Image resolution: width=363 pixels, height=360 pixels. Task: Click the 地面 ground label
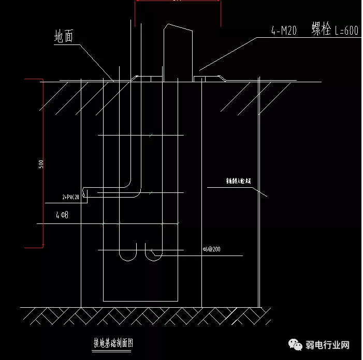click(x=65, y=36)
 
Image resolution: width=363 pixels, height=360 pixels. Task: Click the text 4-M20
click(x=283, y=31)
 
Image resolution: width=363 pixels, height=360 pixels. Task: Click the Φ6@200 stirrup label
click(x=212, y=249)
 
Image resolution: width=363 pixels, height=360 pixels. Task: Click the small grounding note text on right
click(x=238, y=181)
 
